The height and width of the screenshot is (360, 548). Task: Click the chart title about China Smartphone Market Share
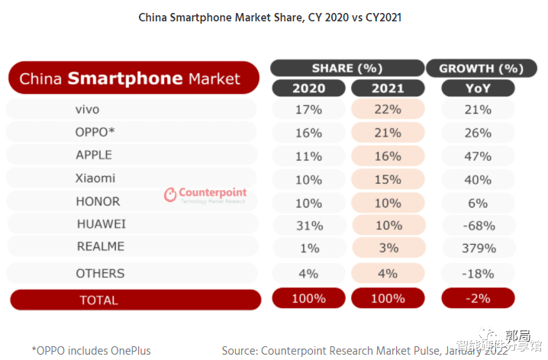click(x=269, y=17)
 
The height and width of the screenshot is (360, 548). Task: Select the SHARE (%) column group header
click(x=347, y=69)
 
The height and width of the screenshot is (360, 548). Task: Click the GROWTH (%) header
click(x=481, y=69)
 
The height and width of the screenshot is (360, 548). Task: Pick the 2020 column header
click(x=308, y=88)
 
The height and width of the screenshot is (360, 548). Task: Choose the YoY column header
click(x=478, y=88)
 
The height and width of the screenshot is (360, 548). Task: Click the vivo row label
click(x=87, y=110)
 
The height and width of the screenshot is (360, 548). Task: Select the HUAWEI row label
click(x=101, y=224)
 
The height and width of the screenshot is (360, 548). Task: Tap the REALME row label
click(x=100, y=247)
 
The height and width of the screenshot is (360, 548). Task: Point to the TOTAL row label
click(x=98, y=300)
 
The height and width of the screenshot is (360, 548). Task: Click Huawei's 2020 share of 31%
click(x=308, y=225)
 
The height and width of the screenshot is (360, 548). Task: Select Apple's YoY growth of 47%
click(x=478, y=156)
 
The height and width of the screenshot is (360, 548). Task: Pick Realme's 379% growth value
click(x=478, y=248)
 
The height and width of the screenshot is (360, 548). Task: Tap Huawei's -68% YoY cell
click(x=478, y=225)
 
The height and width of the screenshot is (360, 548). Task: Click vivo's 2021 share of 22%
click(x=388, y=110)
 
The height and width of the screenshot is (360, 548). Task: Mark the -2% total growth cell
click(x=478, y=298)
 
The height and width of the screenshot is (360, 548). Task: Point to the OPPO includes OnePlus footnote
click(x=92, y=351)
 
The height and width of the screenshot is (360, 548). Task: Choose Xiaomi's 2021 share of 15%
click(x=388, y=179)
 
